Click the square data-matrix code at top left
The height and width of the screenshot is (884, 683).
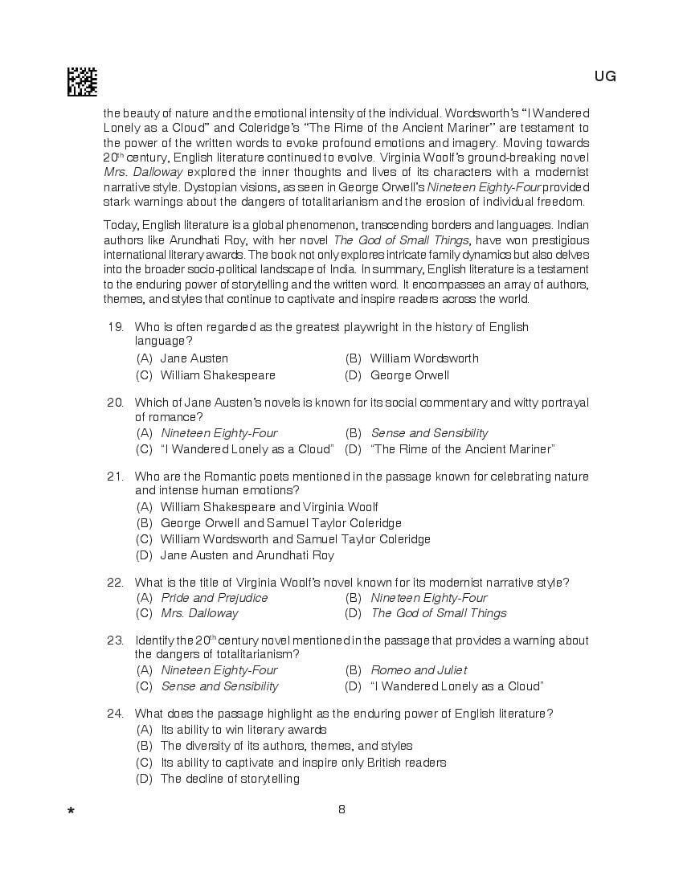pos(82,82)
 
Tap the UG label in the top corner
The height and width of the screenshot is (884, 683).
pos(605,76)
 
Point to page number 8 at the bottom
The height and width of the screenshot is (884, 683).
pos(341,809)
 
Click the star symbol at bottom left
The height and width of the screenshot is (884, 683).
pos(72,812)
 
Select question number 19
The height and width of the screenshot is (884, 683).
pos(115,327)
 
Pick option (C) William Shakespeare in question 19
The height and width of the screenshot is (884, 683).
pos(217,375)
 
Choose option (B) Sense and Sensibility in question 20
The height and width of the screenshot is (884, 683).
pos(428,433)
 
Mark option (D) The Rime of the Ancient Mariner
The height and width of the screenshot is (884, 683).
pos(462,449)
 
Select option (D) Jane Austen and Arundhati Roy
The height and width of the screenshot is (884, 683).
pos(247,555)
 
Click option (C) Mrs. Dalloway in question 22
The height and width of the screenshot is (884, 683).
pos(198,613)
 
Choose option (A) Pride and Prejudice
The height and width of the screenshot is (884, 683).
pos(214,598)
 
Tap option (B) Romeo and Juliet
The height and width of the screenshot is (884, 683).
pos(418,670)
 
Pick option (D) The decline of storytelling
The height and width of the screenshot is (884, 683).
pos(229,779)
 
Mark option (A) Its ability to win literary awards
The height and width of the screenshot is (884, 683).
pos(243,730)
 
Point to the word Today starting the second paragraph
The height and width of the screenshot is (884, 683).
pos(121,226)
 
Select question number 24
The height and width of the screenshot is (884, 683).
pos(115,714)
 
